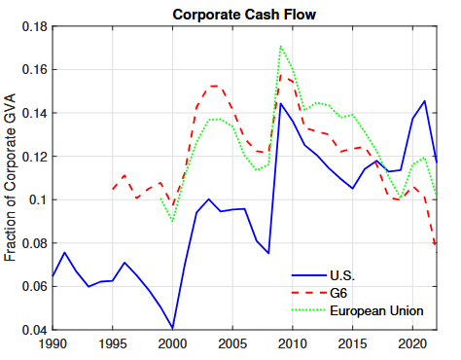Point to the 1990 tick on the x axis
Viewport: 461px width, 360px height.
(x=53, y=343)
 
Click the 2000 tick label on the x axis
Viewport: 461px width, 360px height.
(x=172, y=343)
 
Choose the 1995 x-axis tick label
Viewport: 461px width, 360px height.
(x=113, y=343)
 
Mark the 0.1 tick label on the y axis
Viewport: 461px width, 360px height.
(x=38, y=200)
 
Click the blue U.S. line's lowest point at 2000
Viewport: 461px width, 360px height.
(x=173, y=328)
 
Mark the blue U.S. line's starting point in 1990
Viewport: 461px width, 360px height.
(x=53, y=277)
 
